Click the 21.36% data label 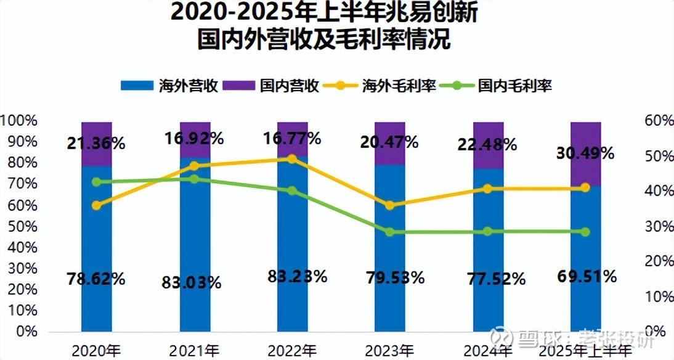[x=96, y=144]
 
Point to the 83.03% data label [x=193, y=283]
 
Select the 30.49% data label [x=585, y=153]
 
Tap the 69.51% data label [x=585, y=276]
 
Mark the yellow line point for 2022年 [x=293, y=159]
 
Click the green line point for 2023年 [x=390, y=232]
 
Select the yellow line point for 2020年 [x=97, y=205]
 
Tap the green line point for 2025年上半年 [x=585, y=232]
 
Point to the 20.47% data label [x=389, y=142]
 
